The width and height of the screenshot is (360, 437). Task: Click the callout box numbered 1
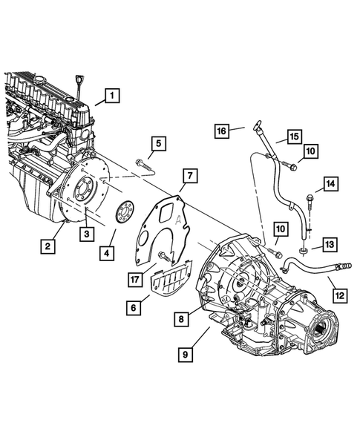(x=111, y=95)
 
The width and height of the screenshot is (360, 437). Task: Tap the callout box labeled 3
(x=86, y=234)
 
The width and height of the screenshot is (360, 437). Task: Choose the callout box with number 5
(x=158, y=143)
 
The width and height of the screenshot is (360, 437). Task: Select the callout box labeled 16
(x=222, y=131)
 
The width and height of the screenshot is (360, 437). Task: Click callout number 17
(x=134, y=280)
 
